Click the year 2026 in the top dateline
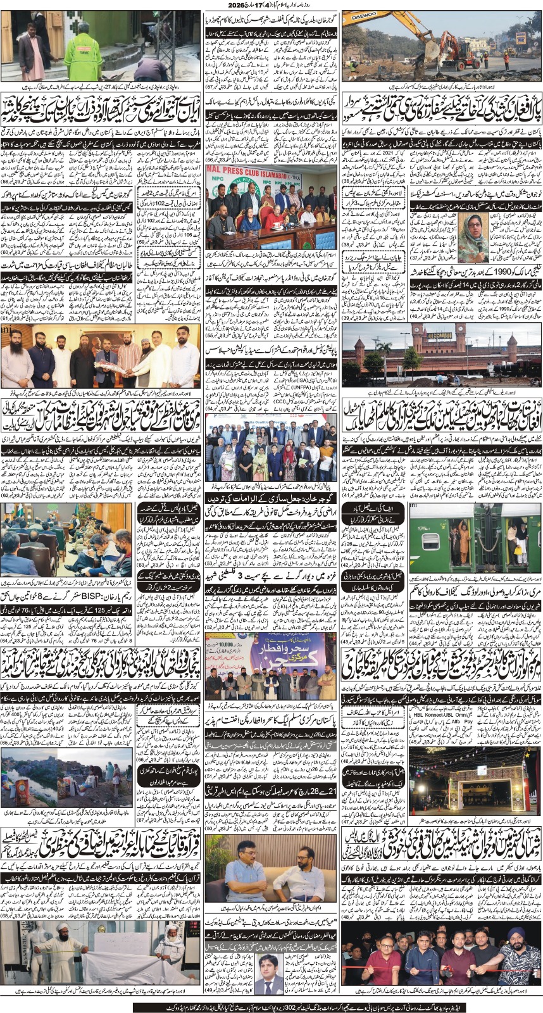pyautogui.click(x=267, y=5)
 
